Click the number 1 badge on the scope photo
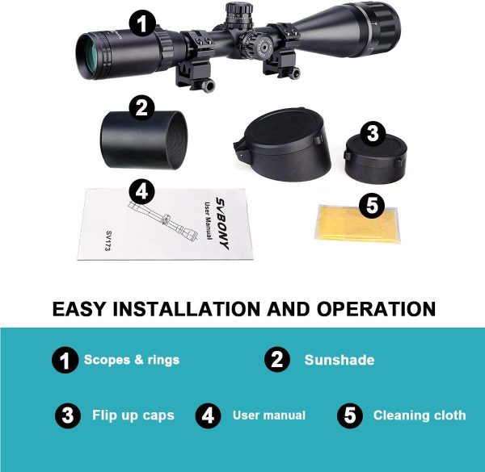click(141, 23)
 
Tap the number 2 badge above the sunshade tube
click(141, 108)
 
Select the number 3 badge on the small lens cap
click(373, 134)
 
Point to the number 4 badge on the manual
click(141, 192)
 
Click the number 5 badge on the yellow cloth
click(372, 206)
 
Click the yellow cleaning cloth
click(356, 223)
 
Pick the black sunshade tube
click(144, 140)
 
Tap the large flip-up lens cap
click(282, 144)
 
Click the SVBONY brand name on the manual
click(223, 223)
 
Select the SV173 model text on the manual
click(108, 240)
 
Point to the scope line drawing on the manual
click(162, 219)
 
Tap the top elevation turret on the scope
click(238, 15)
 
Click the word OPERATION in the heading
click(376, 309)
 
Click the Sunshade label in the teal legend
click(339, 360)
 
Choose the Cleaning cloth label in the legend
click(420, 416)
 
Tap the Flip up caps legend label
click(133, 416)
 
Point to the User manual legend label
click(269, 416)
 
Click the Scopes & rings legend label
click(132, 360)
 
